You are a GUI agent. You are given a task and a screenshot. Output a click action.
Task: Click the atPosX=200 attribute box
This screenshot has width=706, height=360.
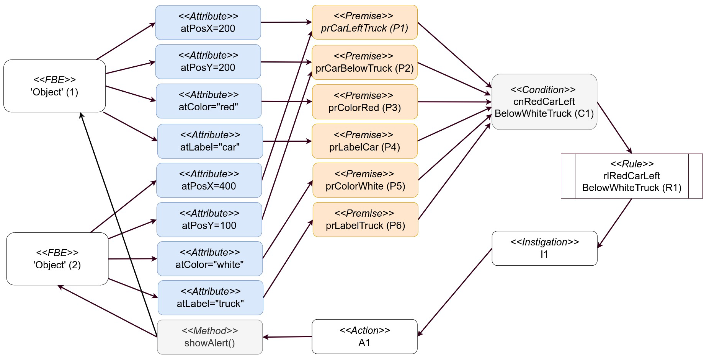point(208,22)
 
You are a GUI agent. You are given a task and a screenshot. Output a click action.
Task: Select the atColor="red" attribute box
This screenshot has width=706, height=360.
point(209,101)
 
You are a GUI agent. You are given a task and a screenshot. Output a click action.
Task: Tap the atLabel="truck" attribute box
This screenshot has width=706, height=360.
point(210,297)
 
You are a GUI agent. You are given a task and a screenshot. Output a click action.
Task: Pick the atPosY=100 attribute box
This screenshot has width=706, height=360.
point(209,219)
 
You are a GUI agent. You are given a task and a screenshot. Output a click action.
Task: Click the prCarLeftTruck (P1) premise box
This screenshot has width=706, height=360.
point(365,22)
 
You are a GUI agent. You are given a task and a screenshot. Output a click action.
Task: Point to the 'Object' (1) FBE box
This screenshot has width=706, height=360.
point(55,86)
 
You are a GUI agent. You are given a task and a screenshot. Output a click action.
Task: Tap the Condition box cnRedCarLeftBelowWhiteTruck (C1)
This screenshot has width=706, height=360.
point(544,102)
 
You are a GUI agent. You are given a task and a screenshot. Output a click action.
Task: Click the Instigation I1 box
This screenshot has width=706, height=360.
point(544,248)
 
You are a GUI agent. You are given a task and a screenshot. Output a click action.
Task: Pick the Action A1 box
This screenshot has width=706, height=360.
point(365,337)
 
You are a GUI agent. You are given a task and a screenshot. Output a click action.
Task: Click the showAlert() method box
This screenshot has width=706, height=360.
point(210,337)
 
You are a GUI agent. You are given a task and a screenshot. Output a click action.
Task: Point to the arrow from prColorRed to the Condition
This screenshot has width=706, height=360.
point(454,102)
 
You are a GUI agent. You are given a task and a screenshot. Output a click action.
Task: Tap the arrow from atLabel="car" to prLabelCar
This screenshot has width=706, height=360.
point(287,141)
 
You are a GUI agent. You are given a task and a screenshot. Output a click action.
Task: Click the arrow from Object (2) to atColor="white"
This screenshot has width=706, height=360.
point(132,259)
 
